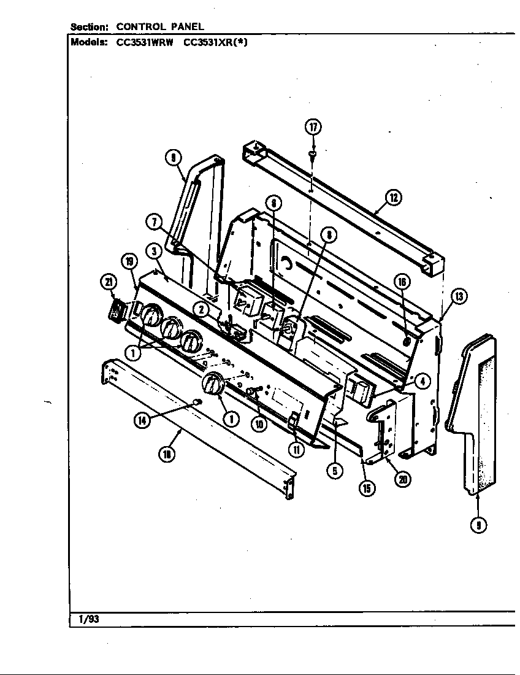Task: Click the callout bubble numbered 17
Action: point(313,127)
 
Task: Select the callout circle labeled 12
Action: point(393,198)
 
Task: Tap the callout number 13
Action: point(459,297)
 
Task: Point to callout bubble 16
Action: point(402,282)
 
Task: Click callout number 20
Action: point(402,479)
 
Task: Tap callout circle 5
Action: point(334,471)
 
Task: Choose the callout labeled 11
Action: point(296,449)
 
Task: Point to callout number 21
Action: point(108,282)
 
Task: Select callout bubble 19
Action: point(129,262)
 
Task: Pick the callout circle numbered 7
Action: point(153,222)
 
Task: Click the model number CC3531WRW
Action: point(145,43)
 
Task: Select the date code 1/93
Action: point(88,619)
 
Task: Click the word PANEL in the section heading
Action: point(188,26)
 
